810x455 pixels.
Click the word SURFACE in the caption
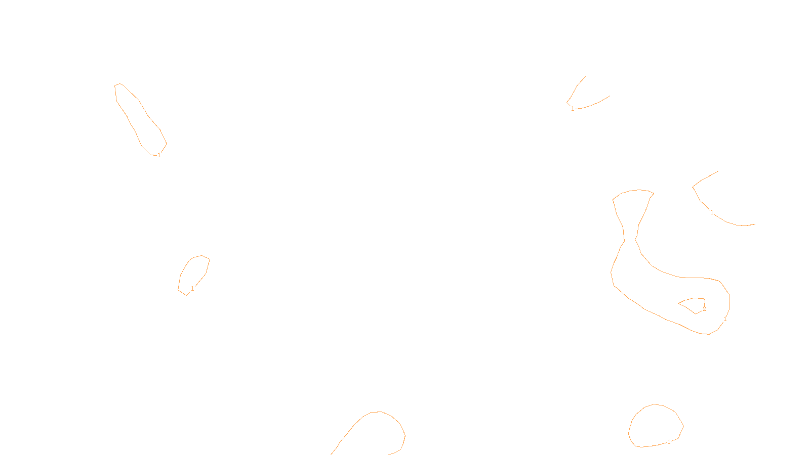405,447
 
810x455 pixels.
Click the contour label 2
704,309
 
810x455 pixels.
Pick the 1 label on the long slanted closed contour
159,155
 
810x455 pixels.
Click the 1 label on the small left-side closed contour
192,289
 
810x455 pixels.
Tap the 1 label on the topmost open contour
573,109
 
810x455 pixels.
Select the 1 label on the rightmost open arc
712,212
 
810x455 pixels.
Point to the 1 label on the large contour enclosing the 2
725,319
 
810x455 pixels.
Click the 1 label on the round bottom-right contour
669,442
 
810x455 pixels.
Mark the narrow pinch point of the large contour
630,240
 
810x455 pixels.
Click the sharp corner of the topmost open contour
567,103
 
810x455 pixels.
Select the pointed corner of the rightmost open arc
693,187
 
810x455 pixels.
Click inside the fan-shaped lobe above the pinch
633,205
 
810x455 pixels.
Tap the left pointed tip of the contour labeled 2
678,304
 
